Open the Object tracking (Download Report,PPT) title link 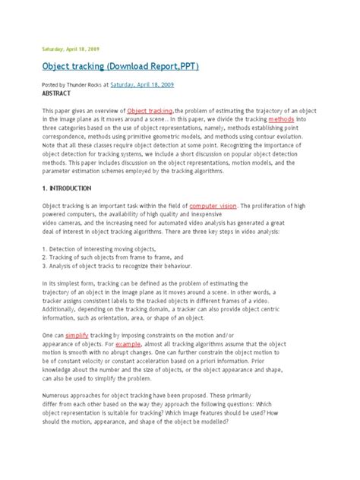(x=120, y=67)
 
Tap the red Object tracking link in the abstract (x=150, y=111)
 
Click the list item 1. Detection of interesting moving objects (x=102, y=249)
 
